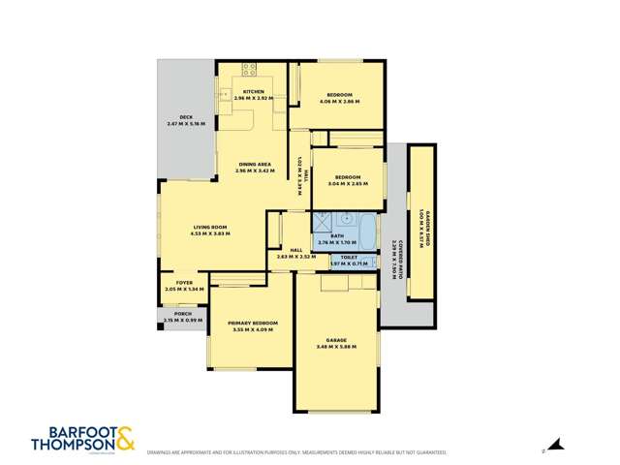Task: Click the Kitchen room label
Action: [x=254, y=92]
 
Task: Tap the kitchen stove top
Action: [x=249, y=69]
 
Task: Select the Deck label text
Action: [x=186, y=117]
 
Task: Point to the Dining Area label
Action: [x=254, y=165]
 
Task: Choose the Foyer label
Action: [x=184, y=283]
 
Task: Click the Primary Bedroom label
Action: [x=253, y=323]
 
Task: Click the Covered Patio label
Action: [x=394, y=259]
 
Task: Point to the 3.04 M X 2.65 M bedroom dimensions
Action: [x=348, y=182]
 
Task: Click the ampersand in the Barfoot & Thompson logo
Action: [x=125, y=437]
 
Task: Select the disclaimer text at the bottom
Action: [x=296, y=452]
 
